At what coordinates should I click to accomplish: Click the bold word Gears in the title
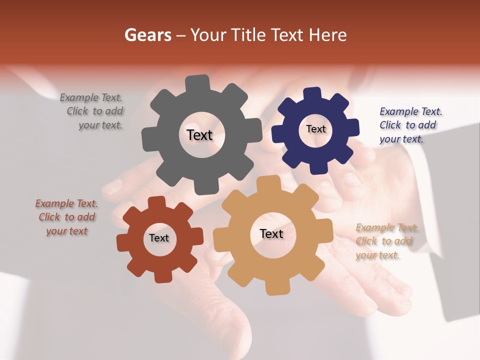pyautogui.click(x=147, y=35)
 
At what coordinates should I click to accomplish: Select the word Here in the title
pyautogui.click(x=328, y=35)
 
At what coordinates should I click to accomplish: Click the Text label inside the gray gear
pyautogui.click(x=199, y=135)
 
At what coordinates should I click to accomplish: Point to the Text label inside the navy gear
pyautogui.click(x=315, y=129)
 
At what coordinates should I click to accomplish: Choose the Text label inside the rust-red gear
pyautogui.click(x=159, y=238)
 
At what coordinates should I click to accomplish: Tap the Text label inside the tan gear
pyautogui.click(x=271, y=233)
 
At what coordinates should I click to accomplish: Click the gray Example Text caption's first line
pyautogui.click(x=91, y=97)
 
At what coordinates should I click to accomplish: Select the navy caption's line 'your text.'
pyautogui.click(x=401, y=139)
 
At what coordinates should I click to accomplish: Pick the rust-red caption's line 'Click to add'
pyautogui.click(x=67, y=217)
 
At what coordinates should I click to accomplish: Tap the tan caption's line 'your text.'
pyautogui.click(x=377, y=255)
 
